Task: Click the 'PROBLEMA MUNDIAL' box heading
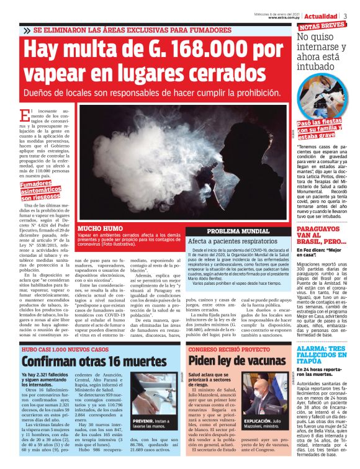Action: (238, 231)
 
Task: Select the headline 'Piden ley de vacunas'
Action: (236, 361)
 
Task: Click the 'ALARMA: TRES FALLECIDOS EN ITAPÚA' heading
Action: (326, 354)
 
